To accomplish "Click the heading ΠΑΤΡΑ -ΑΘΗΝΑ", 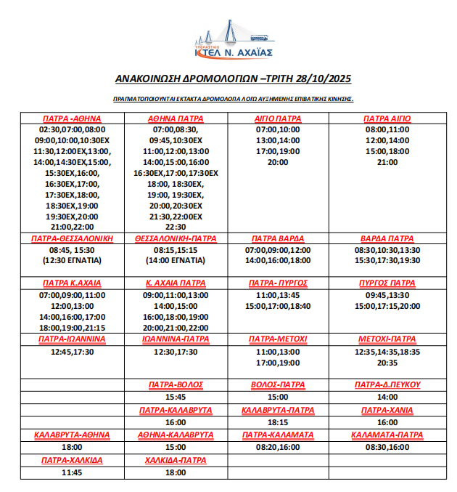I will (72, 118).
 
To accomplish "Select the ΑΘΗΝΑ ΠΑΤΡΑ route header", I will (176, 118).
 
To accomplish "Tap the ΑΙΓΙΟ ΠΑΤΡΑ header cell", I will (277, 118).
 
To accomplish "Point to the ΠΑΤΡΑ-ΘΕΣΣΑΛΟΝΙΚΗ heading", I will (72, 238).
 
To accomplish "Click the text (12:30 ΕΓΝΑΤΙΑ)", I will (72, 259).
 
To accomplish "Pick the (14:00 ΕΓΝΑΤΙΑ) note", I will (176, 259).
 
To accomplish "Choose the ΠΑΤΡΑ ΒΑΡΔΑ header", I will (277, 238).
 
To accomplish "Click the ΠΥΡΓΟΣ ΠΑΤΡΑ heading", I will (387, 283).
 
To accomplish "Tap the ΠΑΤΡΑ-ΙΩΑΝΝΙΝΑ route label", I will (72, 339).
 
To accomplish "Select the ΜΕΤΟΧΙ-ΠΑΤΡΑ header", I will (387, 339).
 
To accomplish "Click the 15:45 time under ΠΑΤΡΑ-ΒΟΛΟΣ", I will (176, 398).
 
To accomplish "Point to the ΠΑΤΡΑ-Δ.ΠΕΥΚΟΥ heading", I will (387, 384).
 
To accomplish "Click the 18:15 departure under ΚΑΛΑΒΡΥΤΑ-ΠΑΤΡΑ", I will (277, 422).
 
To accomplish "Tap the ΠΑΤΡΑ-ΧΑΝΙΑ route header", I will (387, 410).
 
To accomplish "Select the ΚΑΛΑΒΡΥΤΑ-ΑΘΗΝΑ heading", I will (72, 435).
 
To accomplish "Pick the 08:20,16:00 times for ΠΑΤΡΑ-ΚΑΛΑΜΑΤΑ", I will (277, 447).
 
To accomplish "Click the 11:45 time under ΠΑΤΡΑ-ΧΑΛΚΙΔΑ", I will (72, 472).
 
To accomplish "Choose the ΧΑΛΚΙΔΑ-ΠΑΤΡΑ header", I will (176, 460).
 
